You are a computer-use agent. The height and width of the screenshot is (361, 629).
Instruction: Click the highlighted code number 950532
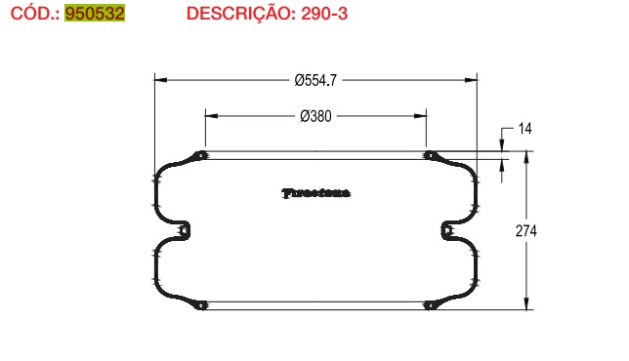94,15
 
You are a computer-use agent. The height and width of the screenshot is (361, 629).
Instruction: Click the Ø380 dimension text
316,115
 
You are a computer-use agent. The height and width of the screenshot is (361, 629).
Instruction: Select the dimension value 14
524,129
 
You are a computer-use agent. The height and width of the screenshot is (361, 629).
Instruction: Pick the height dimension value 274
527,231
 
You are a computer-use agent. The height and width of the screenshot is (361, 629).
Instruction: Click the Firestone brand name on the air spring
316,192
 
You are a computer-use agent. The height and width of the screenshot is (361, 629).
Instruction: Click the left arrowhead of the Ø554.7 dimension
161,80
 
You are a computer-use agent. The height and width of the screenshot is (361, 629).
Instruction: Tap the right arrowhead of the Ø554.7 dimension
471,80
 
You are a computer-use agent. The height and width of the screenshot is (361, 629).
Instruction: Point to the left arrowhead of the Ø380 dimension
211,115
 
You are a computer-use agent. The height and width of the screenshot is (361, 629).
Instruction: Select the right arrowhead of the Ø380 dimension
421,115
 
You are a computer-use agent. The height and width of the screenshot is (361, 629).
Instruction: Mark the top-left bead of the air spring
201,156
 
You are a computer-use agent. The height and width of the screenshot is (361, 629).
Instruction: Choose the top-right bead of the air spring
428,156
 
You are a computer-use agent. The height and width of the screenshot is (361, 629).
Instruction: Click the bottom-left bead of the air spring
201,305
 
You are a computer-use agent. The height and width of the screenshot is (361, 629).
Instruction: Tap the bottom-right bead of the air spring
428,305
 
